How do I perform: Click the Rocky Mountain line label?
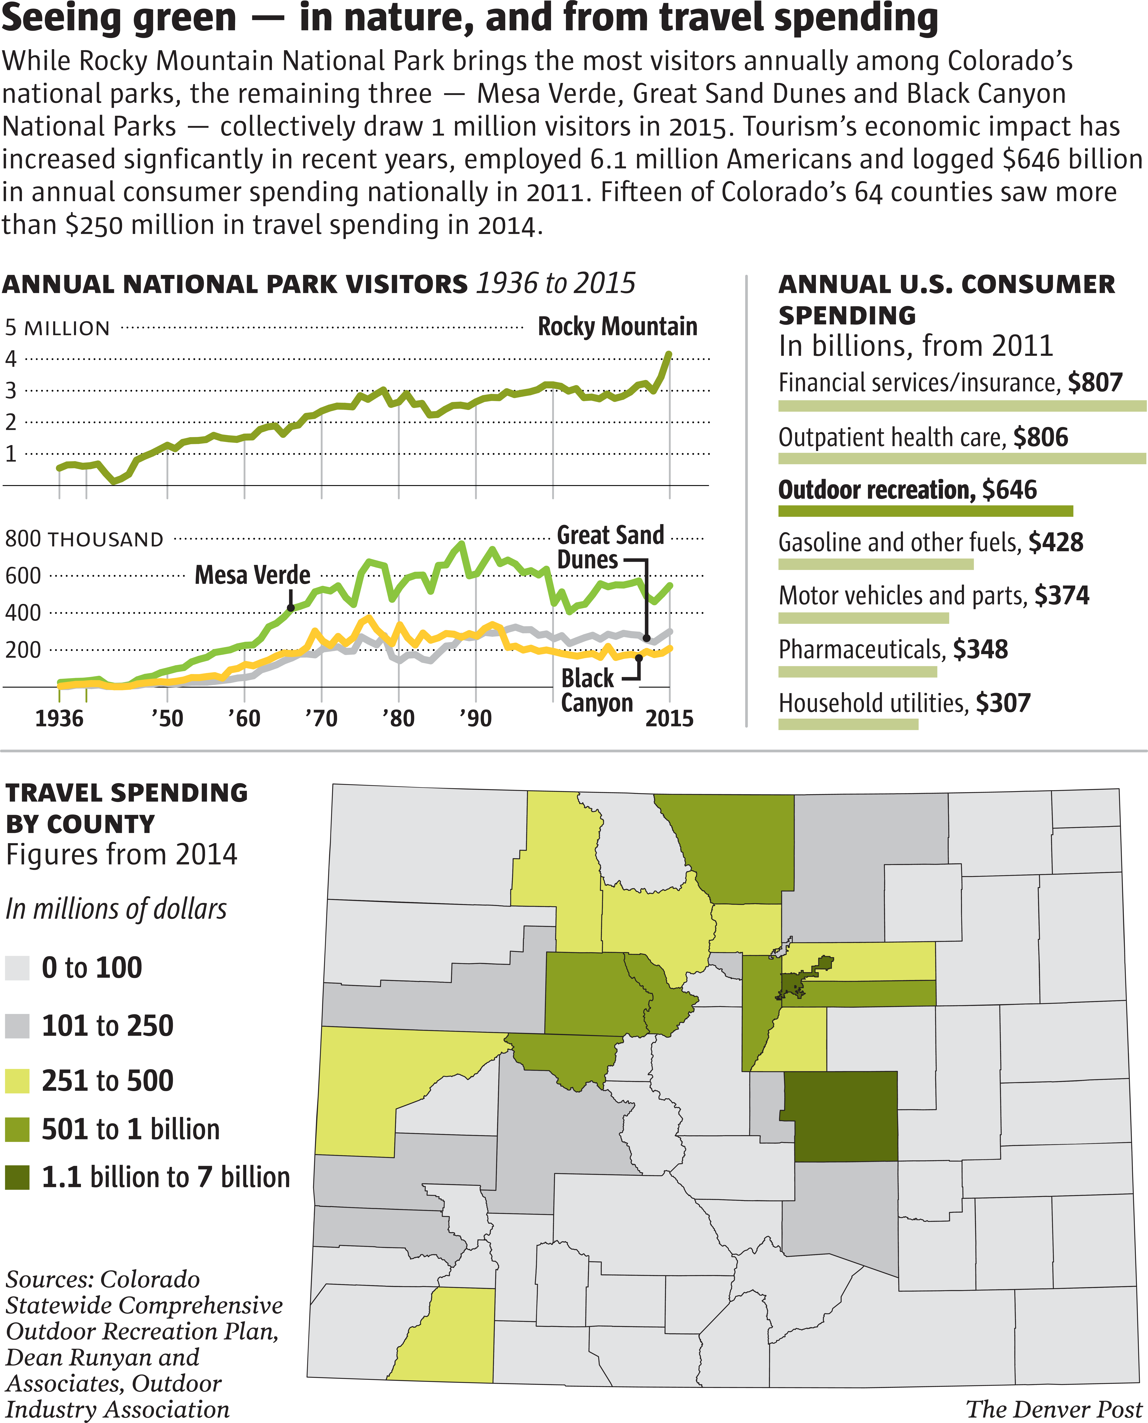(617, 326)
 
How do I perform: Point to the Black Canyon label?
(596, 690)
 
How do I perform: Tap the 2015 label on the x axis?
(669, 718)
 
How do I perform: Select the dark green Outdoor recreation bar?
(925, 511)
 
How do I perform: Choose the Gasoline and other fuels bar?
(875, 564)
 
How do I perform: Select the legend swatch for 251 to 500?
(17, 1081)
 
